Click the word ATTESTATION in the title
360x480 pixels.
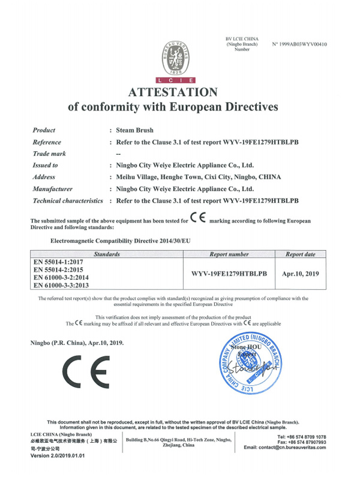click(x=173, y=92)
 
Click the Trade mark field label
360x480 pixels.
click(x=49, y=154)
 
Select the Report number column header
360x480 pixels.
click(x=229, y=254)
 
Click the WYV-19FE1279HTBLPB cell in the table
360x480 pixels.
click(x=229, y=274)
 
